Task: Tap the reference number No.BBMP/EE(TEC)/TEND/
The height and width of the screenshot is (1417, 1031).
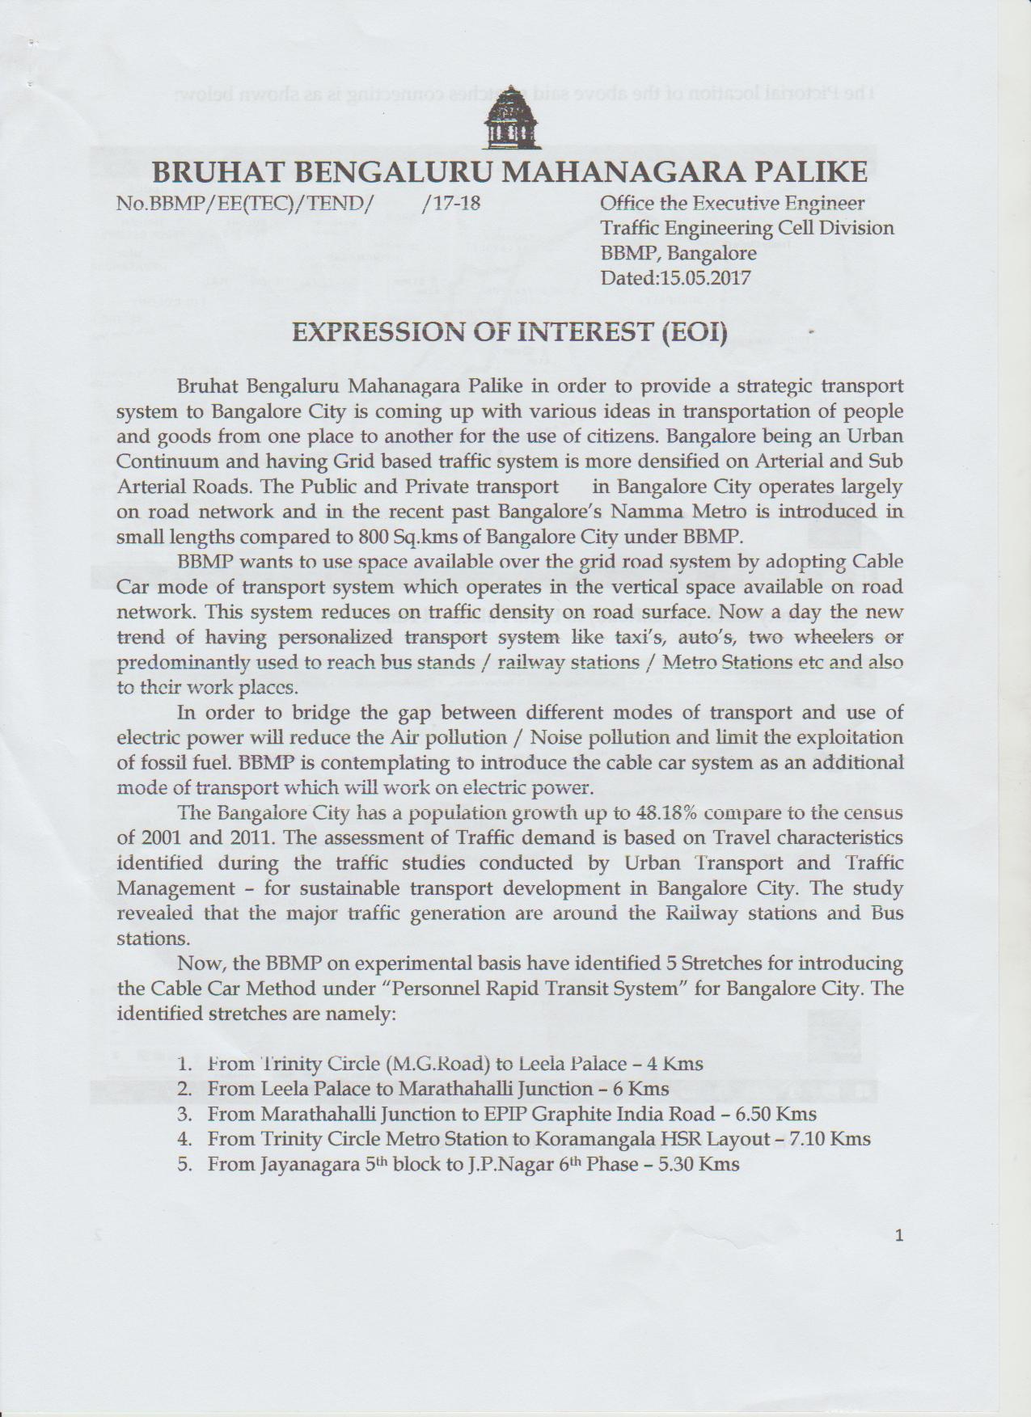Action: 245,203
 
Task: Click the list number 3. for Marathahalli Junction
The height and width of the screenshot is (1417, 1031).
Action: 184,1114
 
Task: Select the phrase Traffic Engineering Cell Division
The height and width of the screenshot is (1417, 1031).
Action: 747,228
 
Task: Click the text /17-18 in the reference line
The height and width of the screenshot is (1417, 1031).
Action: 451,203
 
